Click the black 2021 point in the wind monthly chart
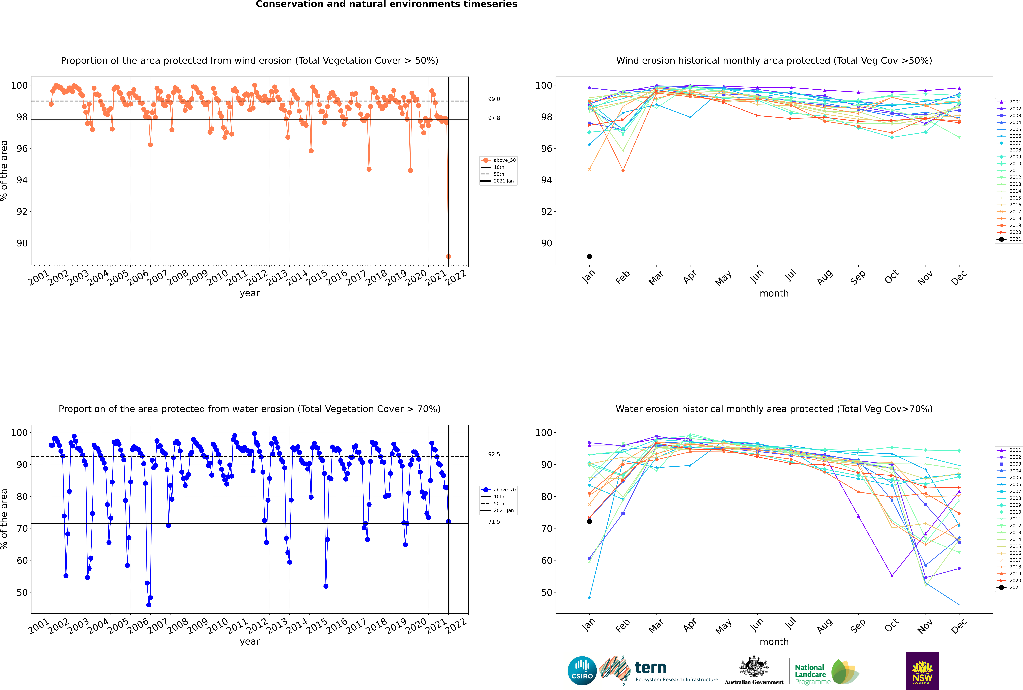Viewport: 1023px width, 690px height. point(589,257)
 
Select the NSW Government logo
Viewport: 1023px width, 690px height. point(922,671)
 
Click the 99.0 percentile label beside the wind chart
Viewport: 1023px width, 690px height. point(494,99)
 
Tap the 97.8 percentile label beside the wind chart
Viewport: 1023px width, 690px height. point(494,118)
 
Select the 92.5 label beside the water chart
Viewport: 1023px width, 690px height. point(494,455)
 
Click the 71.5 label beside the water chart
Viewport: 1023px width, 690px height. point(494,522)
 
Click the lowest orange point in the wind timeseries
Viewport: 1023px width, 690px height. point(448,257)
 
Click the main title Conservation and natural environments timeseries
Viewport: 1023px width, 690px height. point(387,4)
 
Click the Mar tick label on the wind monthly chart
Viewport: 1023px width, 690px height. point(656,277)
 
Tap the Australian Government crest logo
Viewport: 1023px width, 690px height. point(754,671)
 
